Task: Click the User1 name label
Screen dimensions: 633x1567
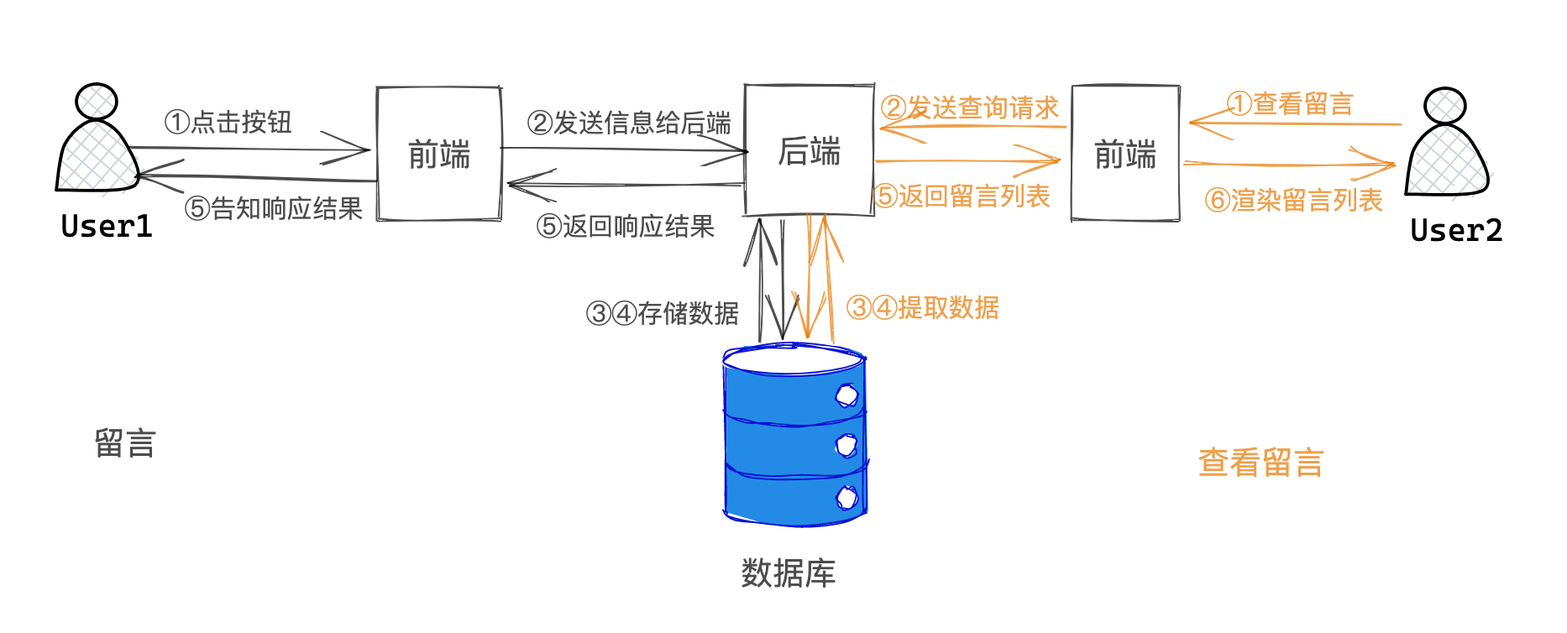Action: tap(107, 227)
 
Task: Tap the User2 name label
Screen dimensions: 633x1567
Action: tap(1456, 231)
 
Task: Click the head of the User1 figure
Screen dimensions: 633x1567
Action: tap(97, 102)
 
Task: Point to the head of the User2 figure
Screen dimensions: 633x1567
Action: tap(1445, 106)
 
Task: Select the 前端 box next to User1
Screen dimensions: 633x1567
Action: tap(438, 154)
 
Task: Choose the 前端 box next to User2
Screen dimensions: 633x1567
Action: tap(1125, 154)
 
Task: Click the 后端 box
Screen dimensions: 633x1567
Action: tap(809, 150)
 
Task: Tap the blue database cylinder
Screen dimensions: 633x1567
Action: tap(794, 437)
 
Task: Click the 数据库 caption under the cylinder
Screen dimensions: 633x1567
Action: tap(788, 573)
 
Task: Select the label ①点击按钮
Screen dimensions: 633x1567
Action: tap(228, 123)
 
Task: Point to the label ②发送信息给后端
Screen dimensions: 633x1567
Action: tap(629, 123)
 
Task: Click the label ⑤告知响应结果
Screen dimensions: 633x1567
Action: tap(274, 208)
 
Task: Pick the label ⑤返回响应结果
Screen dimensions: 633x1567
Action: tap(626, 226)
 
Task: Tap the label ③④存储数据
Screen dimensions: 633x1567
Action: tap(663, 313)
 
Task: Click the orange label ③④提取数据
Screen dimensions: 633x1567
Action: tap(923, 307)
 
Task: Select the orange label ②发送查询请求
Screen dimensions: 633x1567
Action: tap(970, 107)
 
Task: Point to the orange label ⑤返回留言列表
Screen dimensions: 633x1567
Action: tap(962, 196)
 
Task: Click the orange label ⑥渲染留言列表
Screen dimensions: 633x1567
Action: tap(1293, 200)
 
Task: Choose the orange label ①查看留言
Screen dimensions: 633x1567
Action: tap(1291, 104)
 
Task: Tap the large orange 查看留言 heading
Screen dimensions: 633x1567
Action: tap(1260, 463)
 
